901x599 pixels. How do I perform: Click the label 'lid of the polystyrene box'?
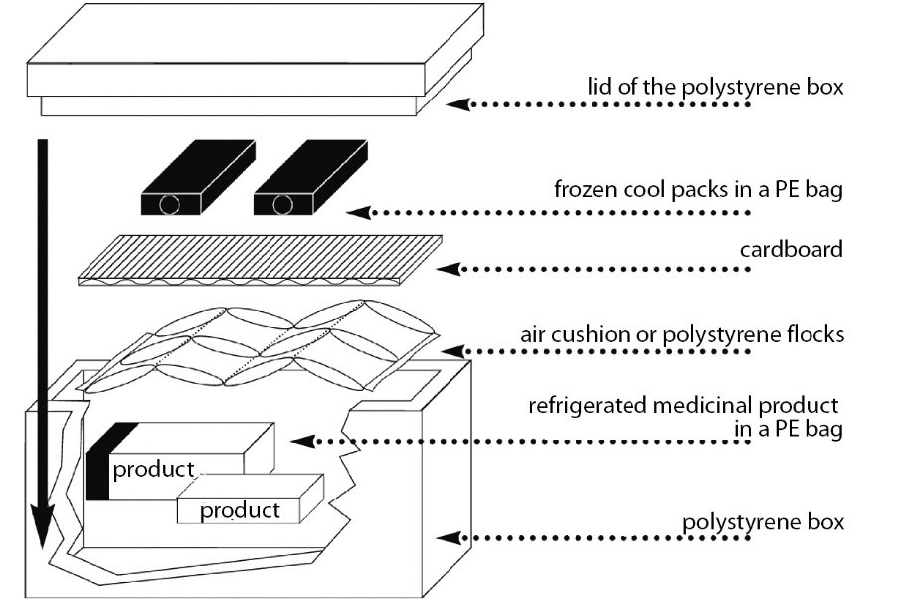[x=714, y=87]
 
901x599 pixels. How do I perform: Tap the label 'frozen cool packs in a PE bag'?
[x=698, y=189]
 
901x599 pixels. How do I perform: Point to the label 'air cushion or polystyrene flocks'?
[x=682, y=334]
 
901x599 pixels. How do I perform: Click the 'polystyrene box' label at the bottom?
[x=764, y=521]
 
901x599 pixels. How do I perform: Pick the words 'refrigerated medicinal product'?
[x=684, y=406]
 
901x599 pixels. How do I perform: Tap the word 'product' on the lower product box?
[x=240, y=511]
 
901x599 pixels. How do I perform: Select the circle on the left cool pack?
[x=171, y=205]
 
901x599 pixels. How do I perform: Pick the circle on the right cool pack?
[x=284, y=205]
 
